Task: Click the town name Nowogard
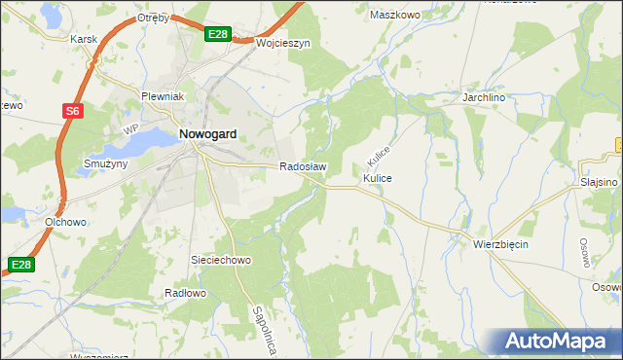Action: coord(206,135)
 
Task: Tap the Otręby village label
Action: coord(153,18)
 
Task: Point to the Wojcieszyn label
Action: coord(282,44)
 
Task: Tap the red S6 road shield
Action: coord(73,112)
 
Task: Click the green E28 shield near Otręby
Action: coord(219,34)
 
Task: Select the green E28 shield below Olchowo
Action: coord(21,264)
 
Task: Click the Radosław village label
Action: coord(303,167)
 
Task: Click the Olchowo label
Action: coord(67,222)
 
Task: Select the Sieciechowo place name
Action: coord(221,261)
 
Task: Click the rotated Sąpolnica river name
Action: coord(263,330)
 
